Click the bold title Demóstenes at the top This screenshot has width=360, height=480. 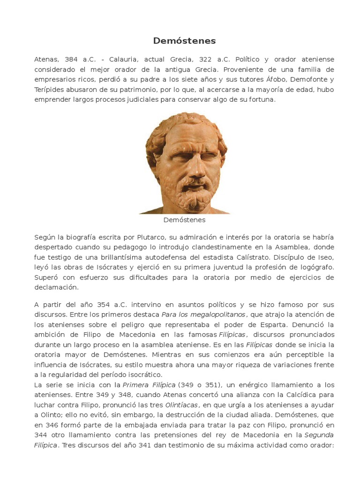click(184, 41)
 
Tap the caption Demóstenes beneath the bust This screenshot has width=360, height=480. click(184, 219)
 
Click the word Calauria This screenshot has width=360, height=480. click(124, 60)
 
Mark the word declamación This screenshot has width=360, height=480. click(55, 287)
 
